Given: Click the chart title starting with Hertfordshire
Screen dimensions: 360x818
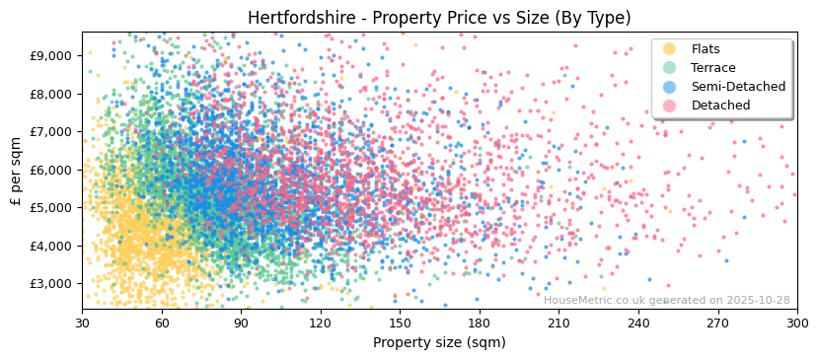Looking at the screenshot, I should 439,18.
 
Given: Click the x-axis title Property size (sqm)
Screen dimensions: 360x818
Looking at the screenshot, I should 439,342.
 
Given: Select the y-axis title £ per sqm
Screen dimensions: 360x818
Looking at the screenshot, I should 16,171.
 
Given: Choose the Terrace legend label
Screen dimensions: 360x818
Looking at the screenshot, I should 713,68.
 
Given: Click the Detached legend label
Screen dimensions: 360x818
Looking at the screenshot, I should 720,106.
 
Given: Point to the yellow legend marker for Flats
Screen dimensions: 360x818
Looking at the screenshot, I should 670,49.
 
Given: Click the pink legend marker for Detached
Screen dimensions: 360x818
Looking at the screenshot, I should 670,106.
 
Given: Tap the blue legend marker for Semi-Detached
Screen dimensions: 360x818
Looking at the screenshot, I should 670,87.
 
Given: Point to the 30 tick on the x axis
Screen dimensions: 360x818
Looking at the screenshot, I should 82,323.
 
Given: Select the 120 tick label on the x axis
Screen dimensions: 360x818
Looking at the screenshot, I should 321,323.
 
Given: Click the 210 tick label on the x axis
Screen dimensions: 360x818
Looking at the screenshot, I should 558,323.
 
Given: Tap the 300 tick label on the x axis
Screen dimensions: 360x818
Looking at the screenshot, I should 796,323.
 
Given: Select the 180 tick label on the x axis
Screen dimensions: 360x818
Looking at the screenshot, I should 480,323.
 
